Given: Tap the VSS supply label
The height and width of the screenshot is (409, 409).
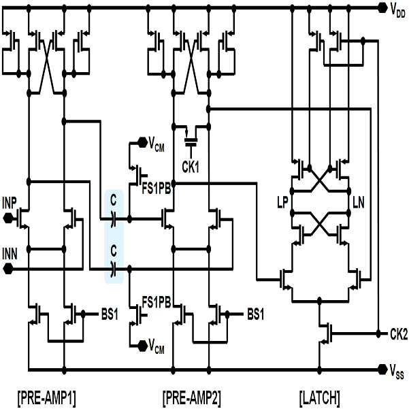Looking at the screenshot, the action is (x=397, y=372).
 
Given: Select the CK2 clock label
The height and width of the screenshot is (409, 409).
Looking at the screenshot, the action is (x=399, y=334).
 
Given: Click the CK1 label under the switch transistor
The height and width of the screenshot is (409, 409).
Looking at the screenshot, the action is (x=191, y=167).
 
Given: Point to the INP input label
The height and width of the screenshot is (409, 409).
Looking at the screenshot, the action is (x=10, y=203).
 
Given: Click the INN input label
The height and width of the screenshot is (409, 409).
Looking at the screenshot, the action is (x=10, y=254).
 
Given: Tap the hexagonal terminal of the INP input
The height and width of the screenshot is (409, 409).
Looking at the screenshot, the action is (x=7, y=218).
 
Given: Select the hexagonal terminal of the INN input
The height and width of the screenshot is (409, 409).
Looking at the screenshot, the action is (x=7, y=269).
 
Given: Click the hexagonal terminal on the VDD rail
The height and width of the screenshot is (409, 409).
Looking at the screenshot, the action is (x=382, y=8).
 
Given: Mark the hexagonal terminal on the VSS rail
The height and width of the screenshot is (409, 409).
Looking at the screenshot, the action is (x=382, y=369).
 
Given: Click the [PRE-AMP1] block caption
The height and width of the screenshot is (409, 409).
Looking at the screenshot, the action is (x=47, y=398).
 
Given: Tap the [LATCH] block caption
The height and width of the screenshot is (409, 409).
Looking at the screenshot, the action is (x=320, y=398).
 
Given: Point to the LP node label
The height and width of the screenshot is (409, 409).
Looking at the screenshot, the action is (x=282, y=203).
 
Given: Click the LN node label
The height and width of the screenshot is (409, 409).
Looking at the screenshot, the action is (x=359, y=203).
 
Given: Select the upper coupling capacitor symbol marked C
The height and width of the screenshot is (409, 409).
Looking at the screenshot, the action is (x=113, y=219).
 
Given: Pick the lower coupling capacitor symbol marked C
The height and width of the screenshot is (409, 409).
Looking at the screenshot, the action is (x=113, y=269).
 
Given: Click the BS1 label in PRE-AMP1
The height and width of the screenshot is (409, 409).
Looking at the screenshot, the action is (x=110, y=315).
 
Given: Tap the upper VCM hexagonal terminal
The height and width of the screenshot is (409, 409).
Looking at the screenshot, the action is (x=142, y=142).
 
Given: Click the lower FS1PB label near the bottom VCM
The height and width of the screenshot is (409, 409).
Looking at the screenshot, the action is (x=157, y=303).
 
